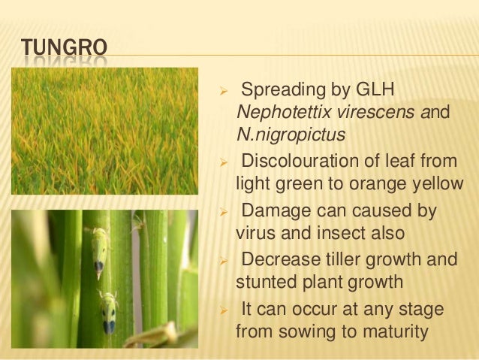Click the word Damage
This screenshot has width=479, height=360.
click(272, 211)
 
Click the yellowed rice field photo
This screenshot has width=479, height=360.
click(105, 131)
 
